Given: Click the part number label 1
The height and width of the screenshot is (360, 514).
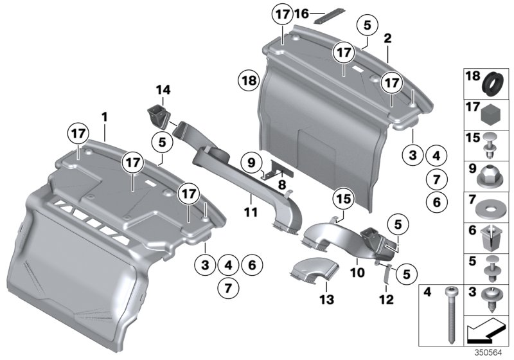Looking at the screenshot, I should [x=105, y=118].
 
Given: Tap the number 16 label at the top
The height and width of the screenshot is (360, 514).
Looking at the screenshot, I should [x=301, y=13].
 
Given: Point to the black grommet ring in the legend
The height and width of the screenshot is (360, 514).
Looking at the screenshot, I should [x=492, y=84].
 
